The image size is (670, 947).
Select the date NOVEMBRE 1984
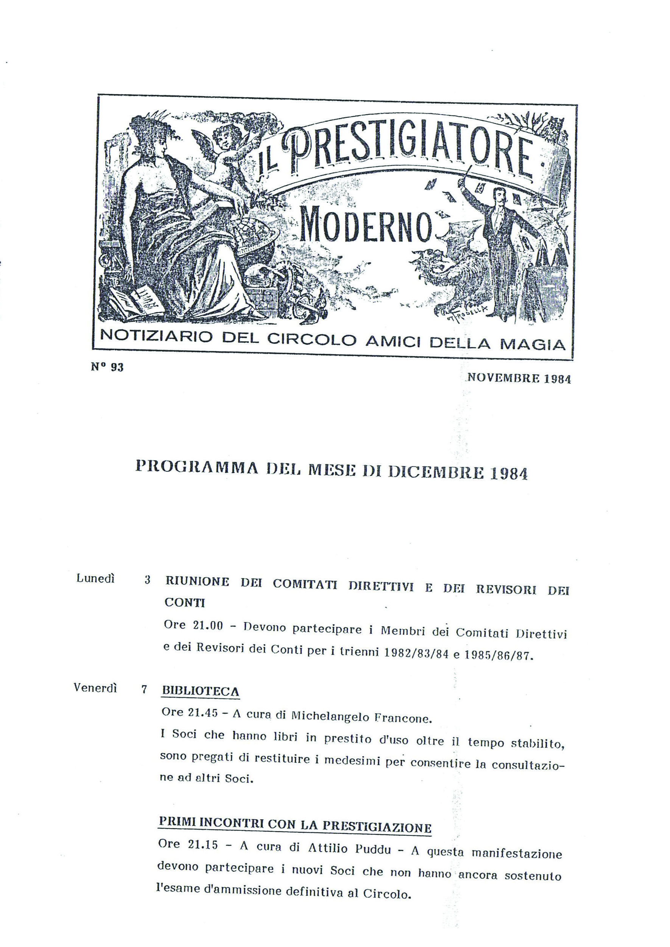pos(519,378)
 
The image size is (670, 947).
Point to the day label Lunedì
pos(96,578)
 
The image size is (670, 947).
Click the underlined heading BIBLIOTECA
pos(201,691)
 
